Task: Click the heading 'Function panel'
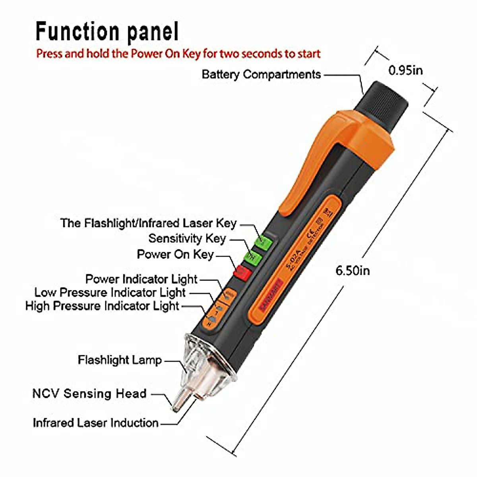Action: coord(107,32)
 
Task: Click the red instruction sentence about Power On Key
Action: coord(178,54)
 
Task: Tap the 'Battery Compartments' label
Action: coord(261,74)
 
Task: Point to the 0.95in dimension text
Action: coord(405,71)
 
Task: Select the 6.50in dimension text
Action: coord(353,271)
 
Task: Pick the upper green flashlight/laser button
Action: coord(263,242)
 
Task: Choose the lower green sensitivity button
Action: coord(252,257)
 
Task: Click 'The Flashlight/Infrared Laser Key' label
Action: coord(148,223)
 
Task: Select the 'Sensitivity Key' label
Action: coord(187,238)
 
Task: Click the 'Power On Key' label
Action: coord(175,254)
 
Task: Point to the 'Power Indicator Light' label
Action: coord(141,279)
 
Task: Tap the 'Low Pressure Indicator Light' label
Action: coord(110,293)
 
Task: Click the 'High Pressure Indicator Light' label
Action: coord(102,306)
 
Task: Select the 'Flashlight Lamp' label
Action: coord(120,361)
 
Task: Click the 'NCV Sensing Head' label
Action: coord(89,394)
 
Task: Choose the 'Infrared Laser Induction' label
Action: coord(95,423)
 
